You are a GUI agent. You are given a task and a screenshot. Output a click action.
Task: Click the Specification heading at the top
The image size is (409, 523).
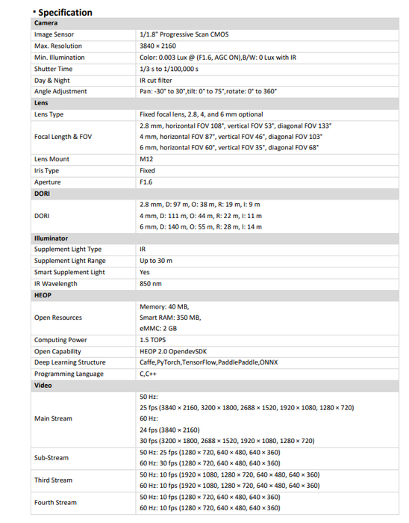(x=64, y=12)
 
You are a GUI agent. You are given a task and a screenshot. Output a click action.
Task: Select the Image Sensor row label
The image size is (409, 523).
(x=54, y=34)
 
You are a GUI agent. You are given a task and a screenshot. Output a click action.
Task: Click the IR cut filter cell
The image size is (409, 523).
(x=155, y=80)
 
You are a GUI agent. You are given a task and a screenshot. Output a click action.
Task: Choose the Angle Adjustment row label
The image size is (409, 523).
(x=60, y=91)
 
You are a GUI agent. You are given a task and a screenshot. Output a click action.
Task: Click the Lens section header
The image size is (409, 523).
(x=42, y=102)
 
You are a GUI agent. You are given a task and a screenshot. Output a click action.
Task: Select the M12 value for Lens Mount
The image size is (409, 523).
(x=146, y=159)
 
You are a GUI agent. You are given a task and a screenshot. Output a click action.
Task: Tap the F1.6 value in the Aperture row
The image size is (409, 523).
(x=147, y=182)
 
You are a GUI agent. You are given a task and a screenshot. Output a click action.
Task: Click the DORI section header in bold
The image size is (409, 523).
(x=43, y=194)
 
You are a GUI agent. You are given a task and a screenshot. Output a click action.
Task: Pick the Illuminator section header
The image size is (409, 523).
(x=51, y=238)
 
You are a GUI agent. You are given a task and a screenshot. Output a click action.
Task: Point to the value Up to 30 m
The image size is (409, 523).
(x=156, y=261)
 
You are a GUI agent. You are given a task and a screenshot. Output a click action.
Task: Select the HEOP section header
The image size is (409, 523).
(x=43, y=295)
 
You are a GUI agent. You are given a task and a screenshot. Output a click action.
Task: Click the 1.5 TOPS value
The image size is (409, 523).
(x=154, y=340)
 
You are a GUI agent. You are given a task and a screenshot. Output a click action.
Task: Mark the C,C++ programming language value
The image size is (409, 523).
(x=149, y=374)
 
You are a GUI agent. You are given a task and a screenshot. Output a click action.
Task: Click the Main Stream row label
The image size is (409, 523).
(x=53, y=418)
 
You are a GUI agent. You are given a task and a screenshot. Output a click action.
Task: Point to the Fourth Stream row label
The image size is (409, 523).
(x=55, y=502)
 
